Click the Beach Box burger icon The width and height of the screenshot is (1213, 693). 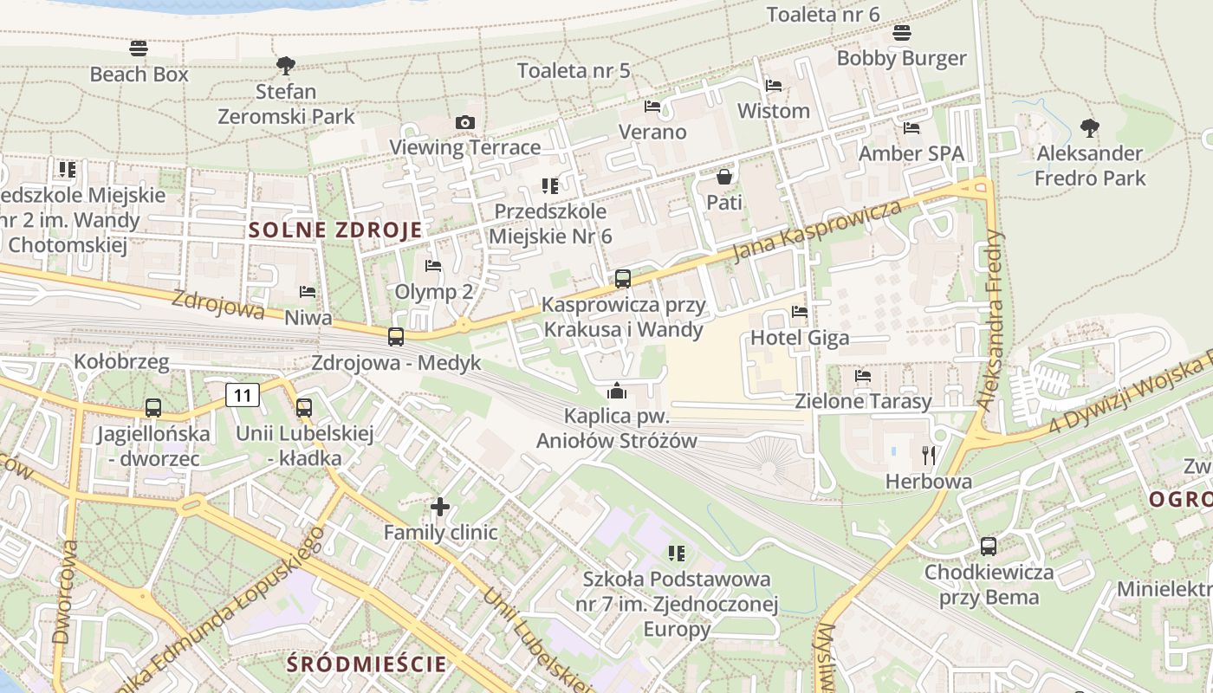(139, 48)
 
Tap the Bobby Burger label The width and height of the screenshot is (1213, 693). (901, 58)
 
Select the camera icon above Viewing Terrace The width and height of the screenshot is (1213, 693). (465, 122)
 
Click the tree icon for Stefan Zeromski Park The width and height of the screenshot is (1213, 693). (285, 65)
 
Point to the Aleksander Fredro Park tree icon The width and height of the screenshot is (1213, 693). (1090, 128)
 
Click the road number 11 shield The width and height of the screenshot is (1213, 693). (243, 396)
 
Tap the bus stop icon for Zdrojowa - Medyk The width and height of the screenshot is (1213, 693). (396, 337)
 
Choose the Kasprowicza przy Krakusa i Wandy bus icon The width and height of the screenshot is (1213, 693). (622, 279)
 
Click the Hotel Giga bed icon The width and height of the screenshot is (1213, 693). (799, 312)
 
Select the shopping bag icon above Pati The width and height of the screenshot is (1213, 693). (724, 177)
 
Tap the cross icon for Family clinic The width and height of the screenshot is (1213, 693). (440, 506)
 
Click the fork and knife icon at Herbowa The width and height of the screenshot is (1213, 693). (929, 455)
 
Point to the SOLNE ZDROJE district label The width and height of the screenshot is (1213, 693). (336, 230)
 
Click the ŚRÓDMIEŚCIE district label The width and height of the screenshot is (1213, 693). (367, 664)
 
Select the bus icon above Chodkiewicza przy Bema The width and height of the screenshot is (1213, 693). (989, 547)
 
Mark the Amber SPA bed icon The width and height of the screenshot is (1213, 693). (911, 128)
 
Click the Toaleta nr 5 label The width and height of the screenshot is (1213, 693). (574, 70)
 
